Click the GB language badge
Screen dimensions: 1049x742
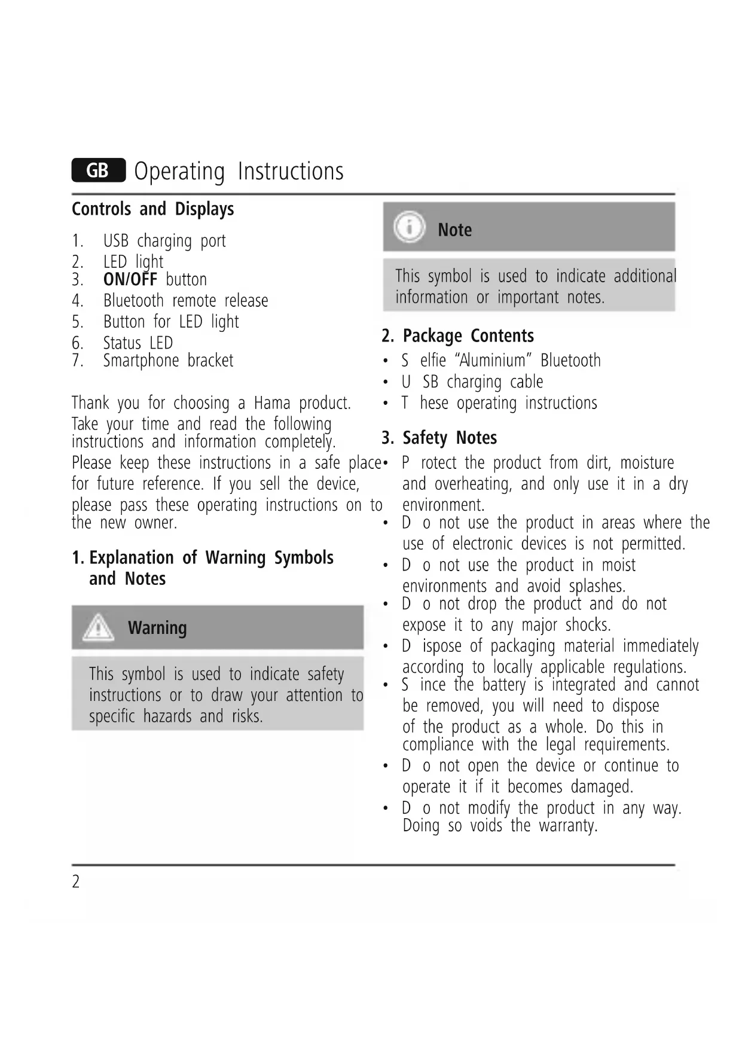click(x=98, y=170)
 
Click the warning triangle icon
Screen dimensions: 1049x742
click(x=98, y=628)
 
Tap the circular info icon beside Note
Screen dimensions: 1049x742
click(x=409, y=227)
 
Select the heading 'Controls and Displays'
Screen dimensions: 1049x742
click(x=152, y=209)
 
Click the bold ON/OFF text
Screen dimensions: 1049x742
click(x=130, y=279)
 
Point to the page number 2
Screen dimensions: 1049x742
click(x=76, y=882)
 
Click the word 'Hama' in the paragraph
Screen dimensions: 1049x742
click(x=271, y=402)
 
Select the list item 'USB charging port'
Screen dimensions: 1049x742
click(x=164, y=241)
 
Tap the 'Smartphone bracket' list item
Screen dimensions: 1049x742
click(x=168, y=361)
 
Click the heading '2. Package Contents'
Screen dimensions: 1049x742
click(x=457, y=336)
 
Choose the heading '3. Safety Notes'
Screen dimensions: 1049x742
click(x=439, y=438)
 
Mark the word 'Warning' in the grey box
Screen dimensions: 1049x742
click(x=157, y=628)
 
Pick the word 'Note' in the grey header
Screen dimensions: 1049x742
click(x=454, y=230)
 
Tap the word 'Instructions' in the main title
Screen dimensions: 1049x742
click(x=291, y=171)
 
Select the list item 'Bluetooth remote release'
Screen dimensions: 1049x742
click(x=185, y=301)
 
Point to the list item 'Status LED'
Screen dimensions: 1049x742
click(x=138, y=343)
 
